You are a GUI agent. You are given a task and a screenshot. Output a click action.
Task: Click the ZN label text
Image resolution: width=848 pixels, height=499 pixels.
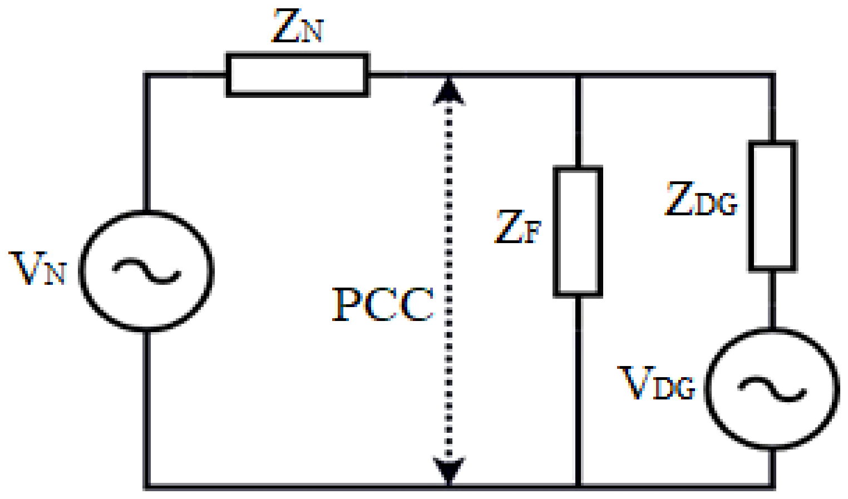[297, 27]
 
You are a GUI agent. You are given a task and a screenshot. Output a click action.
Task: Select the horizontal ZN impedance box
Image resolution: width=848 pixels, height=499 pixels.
[297, 75]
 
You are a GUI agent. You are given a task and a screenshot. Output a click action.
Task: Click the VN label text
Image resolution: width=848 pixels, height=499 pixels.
[38, 269]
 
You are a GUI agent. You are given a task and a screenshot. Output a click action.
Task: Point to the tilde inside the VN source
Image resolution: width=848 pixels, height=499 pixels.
[146, 270]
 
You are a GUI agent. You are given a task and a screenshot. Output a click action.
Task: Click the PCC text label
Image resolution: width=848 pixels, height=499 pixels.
[382, 304]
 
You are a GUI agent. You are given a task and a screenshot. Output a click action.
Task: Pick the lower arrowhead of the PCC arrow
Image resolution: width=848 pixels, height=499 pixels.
[448, 470]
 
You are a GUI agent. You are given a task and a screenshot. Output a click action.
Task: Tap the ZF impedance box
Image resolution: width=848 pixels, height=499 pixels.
[578, 231]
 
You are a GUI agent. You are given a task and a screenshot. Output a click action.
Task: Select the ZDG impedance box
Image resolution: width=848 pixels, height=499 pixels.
[772, 206]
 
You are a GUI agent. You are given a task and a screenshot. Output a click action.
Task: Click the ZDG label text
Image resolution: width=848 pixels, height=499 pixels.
[701, 199]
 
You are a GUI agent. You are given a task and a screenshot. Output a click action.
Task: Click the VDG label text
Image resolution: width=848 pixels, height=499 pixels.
[657, 383]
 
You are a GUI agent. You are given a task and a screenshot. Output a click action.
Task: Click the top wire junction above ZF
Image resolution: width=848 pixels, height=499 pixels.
[578, 75]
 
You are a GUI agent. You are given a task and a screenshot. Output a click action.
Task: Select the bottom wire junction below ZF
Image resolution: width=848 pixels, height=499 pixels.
[578, 486]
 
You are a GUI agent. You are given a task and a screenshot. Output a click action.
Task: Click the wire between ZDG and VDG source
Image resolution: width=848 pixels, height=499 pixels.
[772, 299]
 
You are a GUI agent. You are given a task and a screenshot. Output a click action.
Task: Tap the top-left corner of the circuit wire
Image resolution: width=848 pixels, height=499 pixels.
[146, 75]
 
